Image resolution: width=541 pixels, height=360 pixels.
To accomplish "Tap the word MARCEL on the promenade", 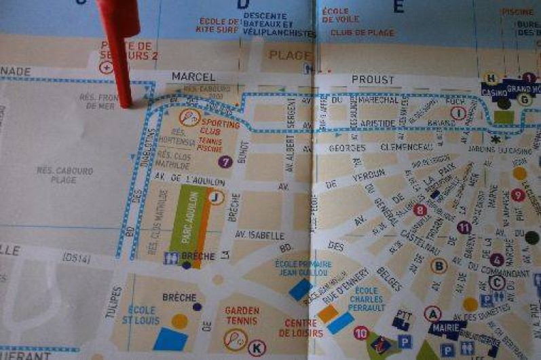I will coord(193,77).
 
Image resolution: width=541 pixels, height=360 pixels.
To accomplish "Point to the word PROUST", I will coord(373,80).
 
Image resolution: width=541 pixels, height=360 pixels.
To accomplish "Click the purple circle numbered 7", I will coord(225,162).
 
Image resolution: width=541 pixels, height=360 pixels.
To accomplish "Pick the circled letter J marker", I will coord(216,198).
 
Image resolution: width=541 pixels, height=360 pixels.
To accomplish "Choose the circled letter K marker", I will coord(256,348).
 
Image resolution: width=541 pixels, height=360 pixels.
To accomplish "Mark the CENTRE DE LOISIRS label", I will coord(301,327).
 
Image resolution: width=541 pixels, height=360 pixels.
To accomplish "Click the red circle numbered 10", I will coord(361,332).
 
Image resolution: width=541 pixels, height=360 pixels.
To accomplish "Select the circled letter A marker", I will coord(432,313).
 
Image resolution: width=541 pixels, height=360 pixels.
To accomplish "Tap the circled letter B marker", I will coord(439,266).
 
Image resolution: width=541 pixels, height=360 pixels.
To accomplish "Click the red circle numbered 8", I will coord(420,210).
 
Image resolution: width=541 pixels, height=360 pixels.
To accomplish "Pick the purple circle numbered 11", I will coord(464,228).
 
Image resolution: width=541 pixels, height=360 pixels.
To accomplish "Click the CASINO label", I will coord(494,91).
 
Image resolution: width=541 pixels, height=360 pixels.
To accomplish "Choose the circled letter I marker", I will coord(459,113).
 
